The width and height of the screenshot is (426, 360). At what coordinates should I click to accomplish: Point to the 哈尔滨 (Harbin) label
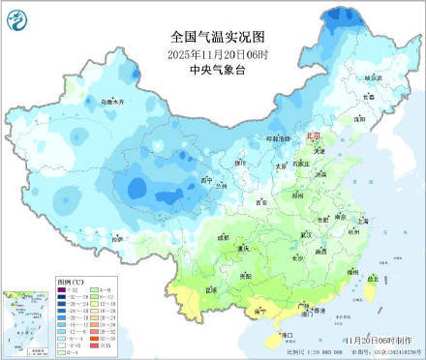[369, 76]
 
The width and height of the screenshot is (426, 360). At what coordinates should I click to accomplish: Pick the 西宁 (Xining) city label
[205, 181]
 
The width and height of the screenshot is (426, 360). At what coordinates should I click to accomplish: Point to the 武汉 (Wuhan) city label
[308, 234]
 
